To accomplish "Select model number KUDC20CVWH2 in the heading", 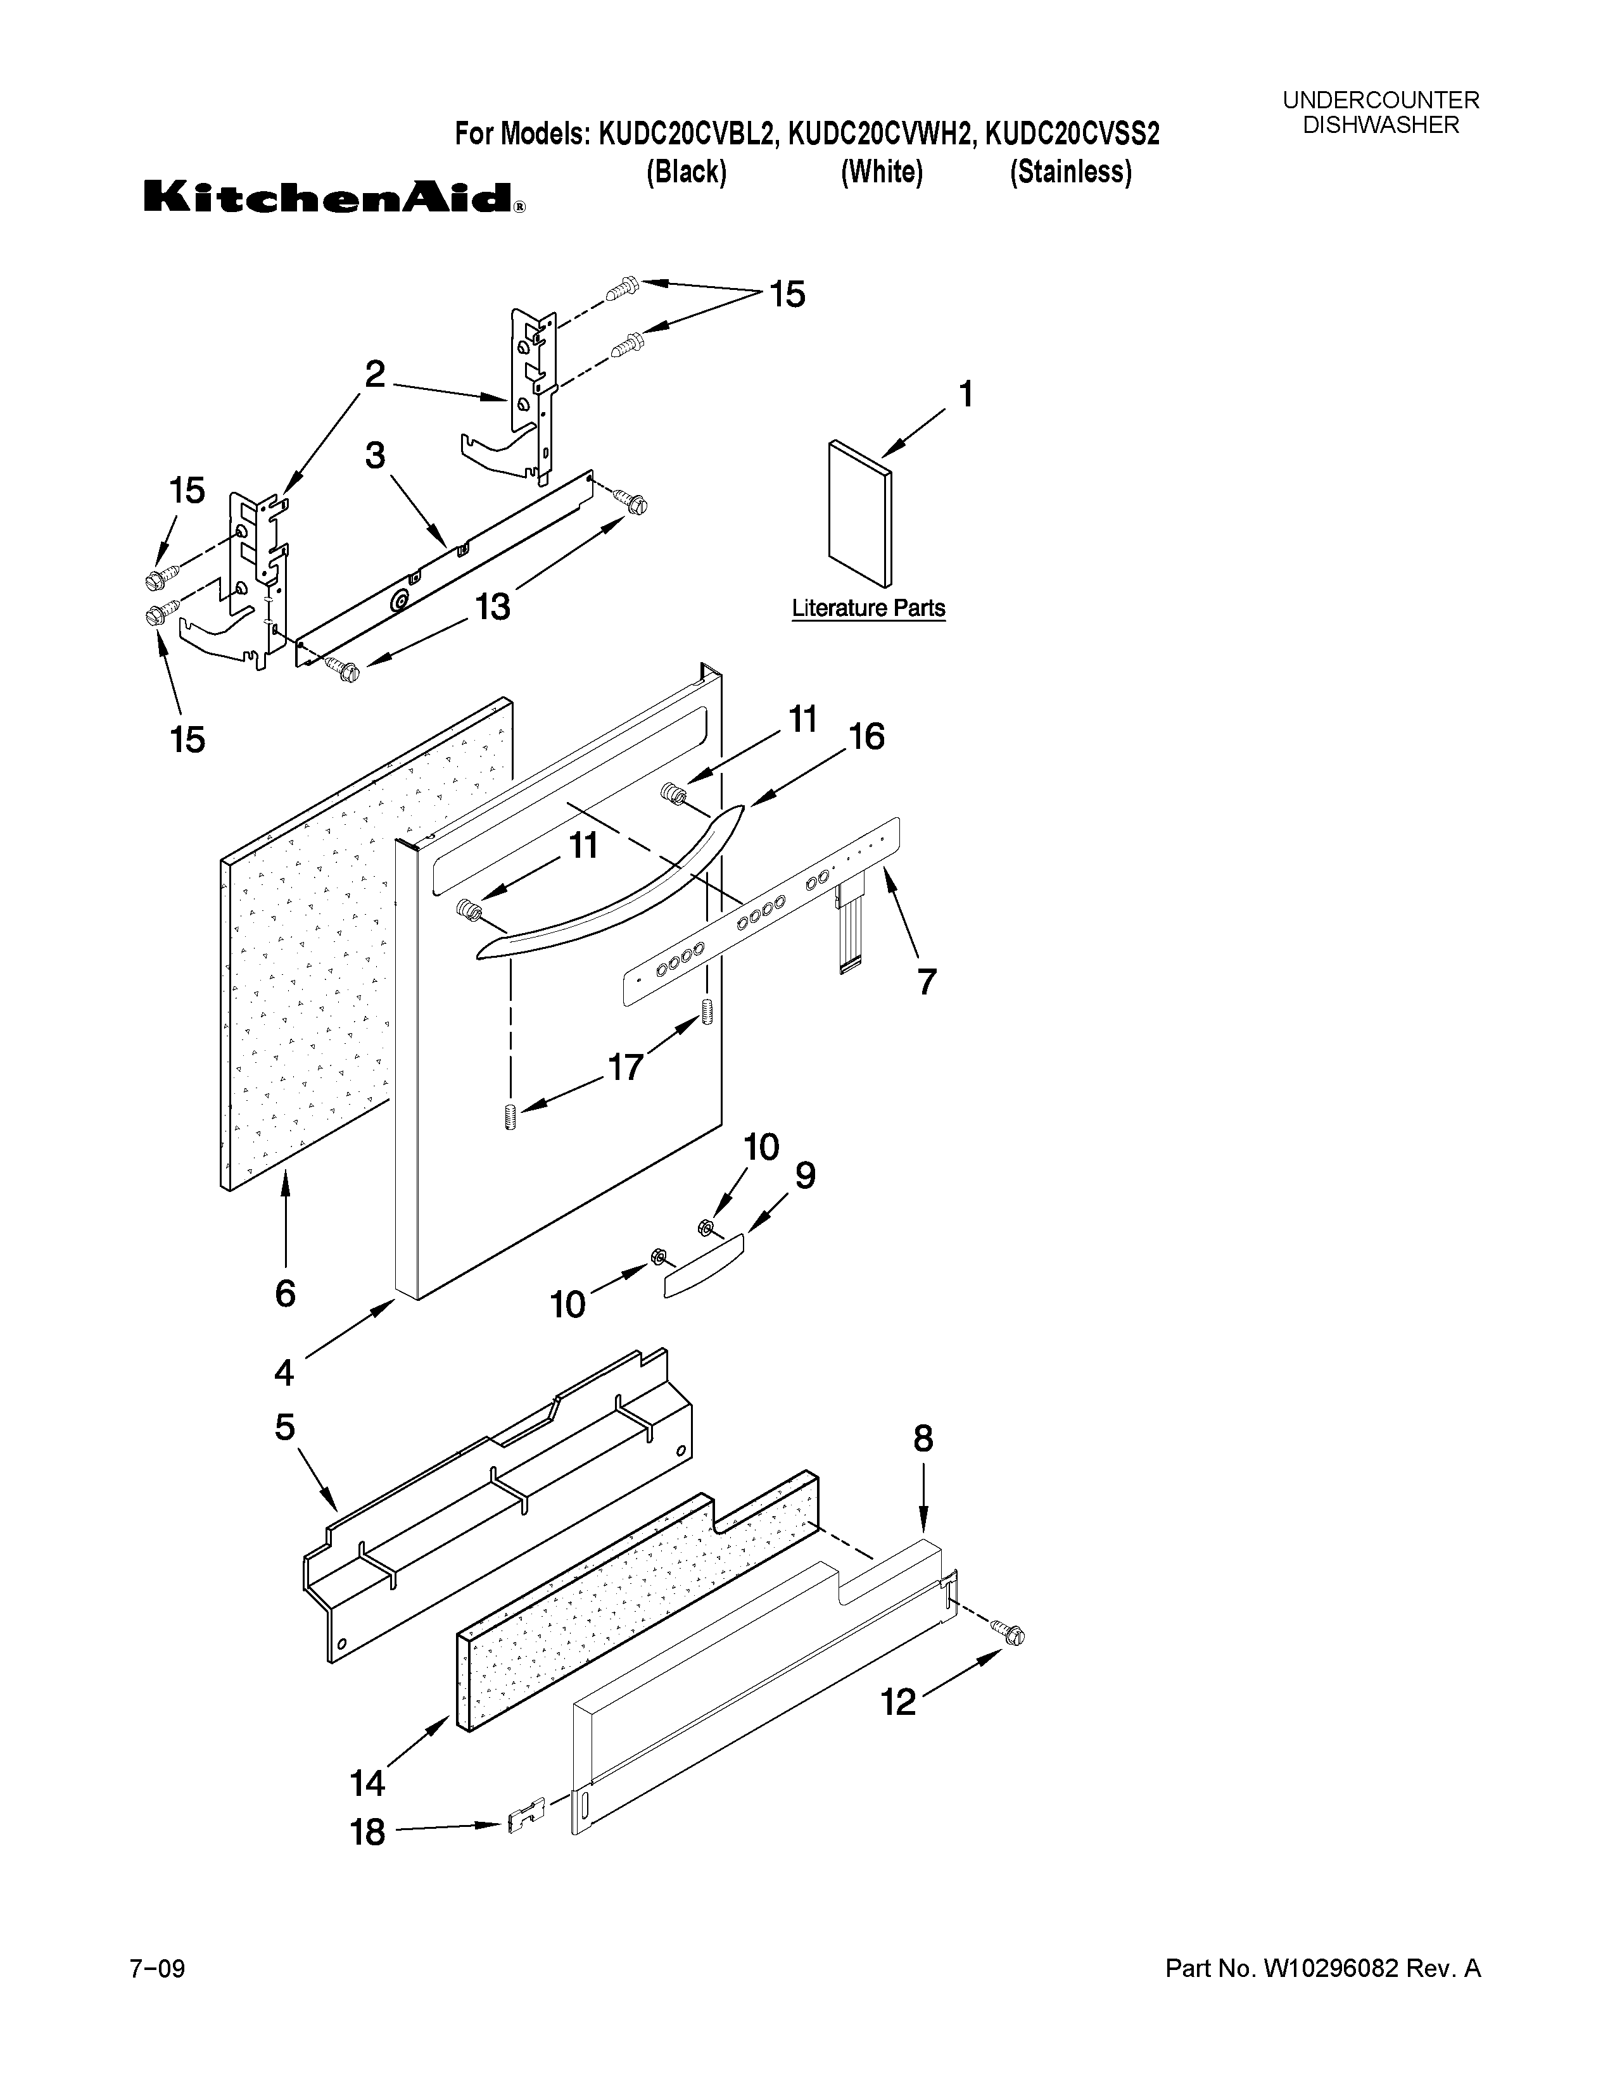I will [x=881, y=134].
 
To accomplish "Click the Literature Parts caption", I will [x=868, y=608].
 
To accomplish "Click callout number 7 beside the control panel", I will [x=925, y=981].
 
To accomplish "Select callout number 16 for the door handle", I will [x=866, y=736].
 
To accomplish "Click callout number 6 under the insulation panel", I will [x=285, y=1293].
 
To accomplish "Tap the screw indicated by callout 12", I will [x=1008, y=1634].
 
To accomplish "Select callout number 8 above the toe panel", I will [x=922, y=1439].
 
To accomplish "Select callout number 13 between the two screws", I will [x=493, y=606].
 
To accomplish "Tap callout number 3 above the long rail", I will [x=375, y=455].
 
